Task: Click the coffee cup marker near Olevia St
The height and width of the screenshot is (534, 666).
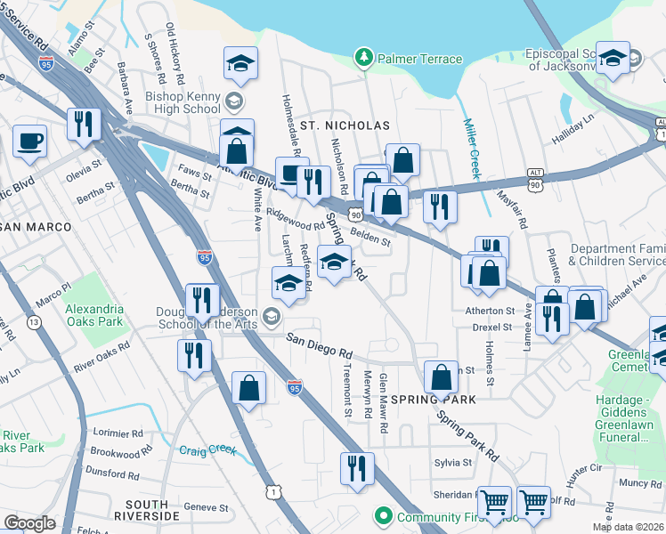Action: pyautogui.click(x=30, y=141)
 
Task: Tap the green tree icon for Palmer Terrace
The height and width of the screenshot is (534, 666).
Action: pyautogui.click(x=362, y=59)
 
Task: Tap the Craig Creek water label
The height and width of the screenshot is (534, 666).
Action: pyautogui.click(x=209, y=451)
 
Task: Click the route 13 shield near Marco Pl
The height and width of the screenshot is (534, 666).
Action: pyautogui.click(x=33, y=321)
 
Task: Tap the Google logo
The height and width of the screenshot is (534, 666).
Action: pyautogui.click(x=29, y=523)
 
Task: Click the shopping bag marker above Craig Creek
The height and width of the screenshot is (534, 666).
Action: pyautogui.click(x=248, y=388)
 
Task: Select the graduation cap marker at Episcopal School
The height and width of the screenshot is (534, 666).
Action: pyautogui.click(x=613, y=58)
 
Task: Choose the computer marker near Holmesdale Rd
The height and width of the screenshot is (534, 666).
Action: pyautogui.click(x=291, y=173)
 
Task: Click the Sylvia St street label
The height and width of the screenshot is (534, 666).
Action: pyautogui.click(x=453, y=463)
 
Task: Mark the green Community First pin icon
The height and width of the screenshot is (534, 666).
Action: pyautogui.click(x=383, y=515)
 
